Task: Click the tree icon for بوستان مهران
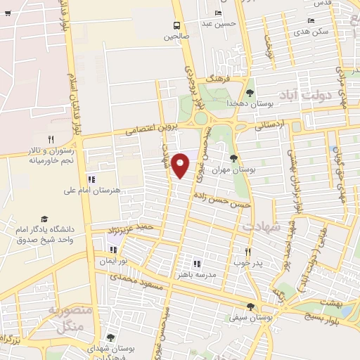click(x=234, y=158)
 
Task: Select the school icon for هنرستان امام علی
click(x=92, y=179)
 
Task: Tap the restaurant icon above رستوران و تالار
click(x=51, y=139)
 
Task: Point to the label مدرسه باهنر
click(x=206, y=275)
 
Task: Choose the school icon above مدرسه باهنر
click(x=206, y=263)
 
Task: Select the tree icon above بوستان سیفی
click(x=251, y=306)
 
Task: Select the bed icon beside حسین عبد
click(x=218, y=13)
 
